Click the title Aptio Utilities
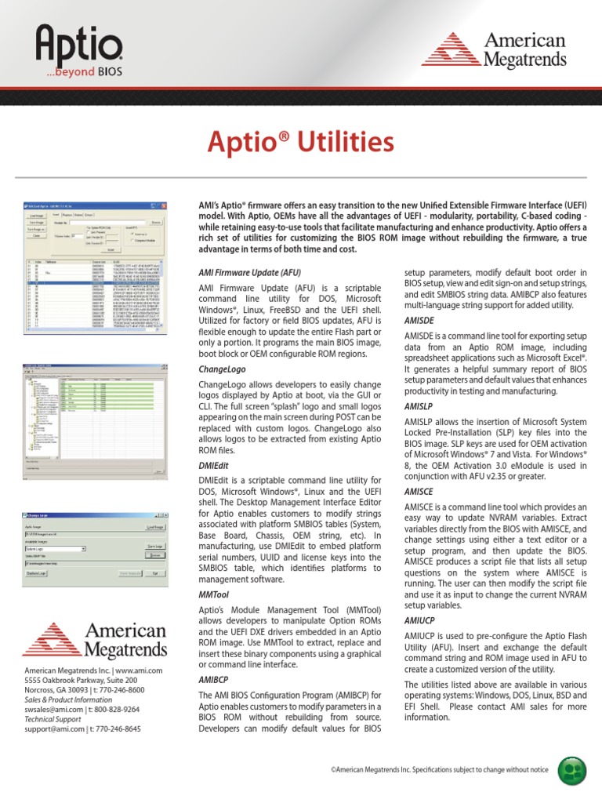[x=300, y=143]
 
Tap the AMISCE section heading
[x=419, y=490]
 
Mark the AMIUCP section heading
[x=419, y=620]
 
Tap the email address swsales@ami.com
[x=57, y=709]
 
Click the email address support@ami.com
[x=57, y=729]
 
